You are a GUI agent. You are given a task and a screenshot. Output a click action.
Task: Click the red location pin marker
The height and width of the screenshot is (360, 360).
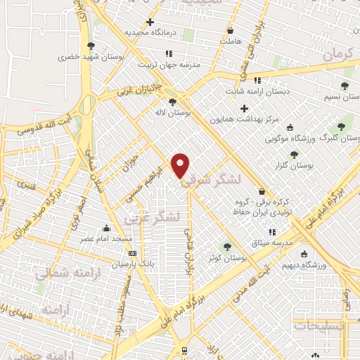pos(181,165)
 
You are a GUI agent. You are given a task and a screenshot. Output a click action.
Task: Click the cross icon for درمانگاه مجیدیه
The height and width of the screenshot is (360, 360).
pos(150,22)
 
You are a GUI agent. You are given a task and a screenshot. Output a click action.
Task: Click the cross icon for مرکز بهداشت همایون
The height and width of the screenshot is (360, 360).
pos(244,109)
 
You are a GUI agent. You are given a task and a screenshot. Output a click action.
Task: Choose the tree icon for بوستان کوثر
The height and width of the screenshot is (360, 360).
pos(226,247)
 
